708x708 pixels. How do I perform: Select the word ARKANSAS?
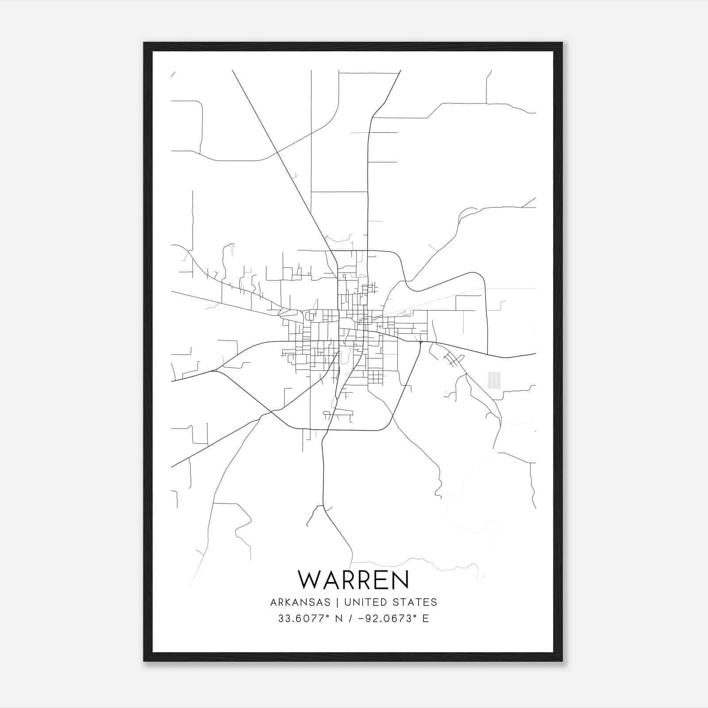[x=300, y=602]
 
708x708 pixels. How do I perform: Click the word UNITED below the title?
[x=364, y=602]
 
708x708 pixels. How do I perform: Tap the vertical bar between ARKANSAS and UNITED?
[x=337, y=602]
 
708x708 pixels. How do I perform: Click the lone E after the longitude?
[x=426, y=619]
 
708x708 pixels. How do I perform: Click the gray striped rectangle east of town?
[x=494, y=381]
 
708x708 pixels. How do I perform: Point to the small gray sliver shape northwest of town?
[x=231, y=251]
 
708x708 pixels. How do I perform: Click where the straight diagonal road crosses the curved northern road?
[x=277, y=152]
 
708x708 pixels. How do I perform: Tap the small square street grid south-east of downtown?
[x=376, y=377]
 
